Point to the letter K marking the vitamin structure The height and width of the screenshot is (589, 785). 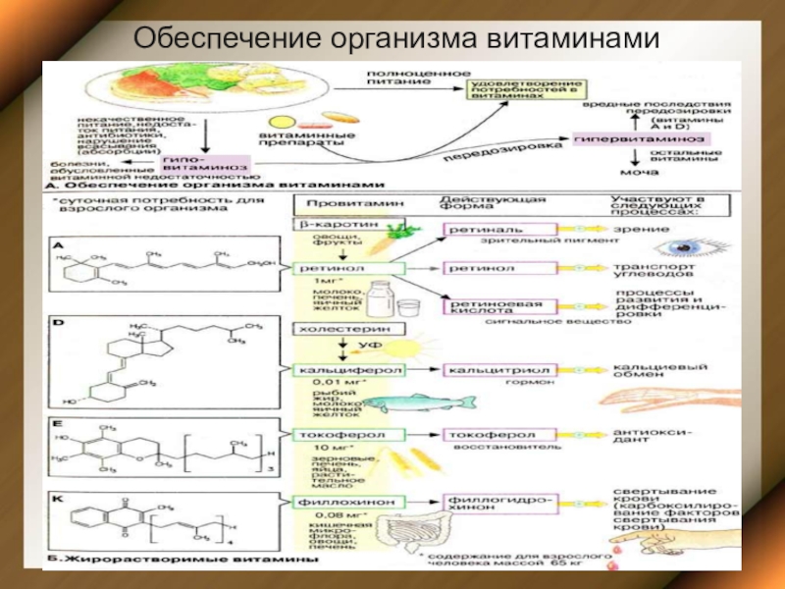click(x=58, y=501)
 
